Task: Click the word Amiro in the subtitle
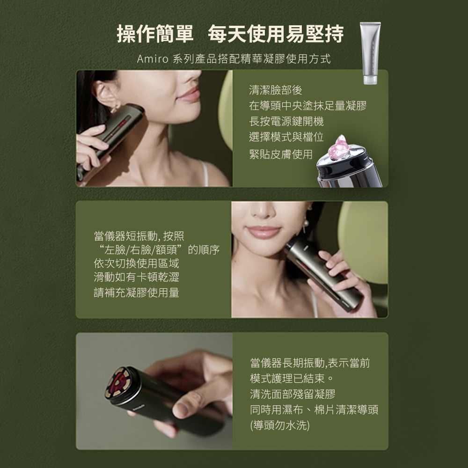[x=153, y=59]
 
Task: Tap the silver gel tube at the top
[x=370, y=53]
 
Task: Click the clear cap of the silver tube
[x=370, y=80]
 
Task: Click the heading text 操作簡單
[x=155, y=34]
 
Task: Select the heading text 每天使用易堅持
[x=276, y=34]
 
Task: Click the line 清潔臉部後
[x=276, y=90]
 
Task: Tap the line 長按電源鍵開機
[x=286, y=121]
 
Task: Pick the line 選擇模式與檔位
[x=286, y=137]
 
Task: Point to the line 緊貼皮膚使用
[x=281, y=154]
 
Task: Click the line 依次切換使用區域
[x=136, y=263]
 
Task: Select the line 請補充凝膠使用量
[x=136, y=292]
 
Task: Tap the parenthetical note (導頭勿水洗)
[x=280, y=425]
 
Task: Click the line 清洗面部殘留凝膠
[x=293, y=394]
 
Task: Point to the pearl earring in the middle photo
[x=305, y=223]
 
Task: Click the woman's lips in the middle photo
[x=264, y=232]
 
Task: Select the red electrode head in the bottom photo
[x=117, y=384]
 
